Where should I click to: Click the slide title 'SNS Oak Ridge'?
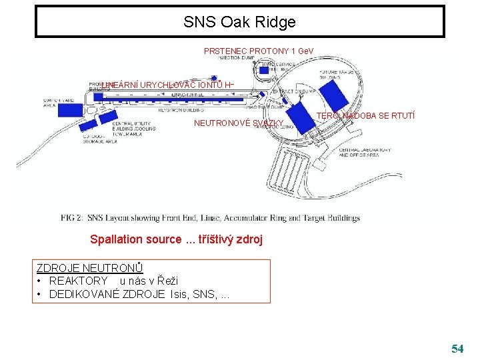(239, 22)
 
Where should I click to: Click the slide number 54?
(457, 348)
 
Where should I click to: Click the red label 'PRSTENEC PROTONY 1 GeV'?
(259, 51)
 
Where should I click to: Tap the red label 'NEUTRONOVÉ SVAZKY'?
(238, 123)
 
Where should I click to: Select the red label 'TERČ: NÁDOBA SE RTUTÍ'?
(365, 116)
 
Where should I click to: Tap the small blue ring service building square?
(264, 69)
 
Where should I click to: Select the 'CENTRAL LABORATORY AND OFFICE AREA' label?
(365, 153)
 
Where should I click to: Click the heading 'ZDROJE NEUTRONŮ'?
(89, 269)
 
